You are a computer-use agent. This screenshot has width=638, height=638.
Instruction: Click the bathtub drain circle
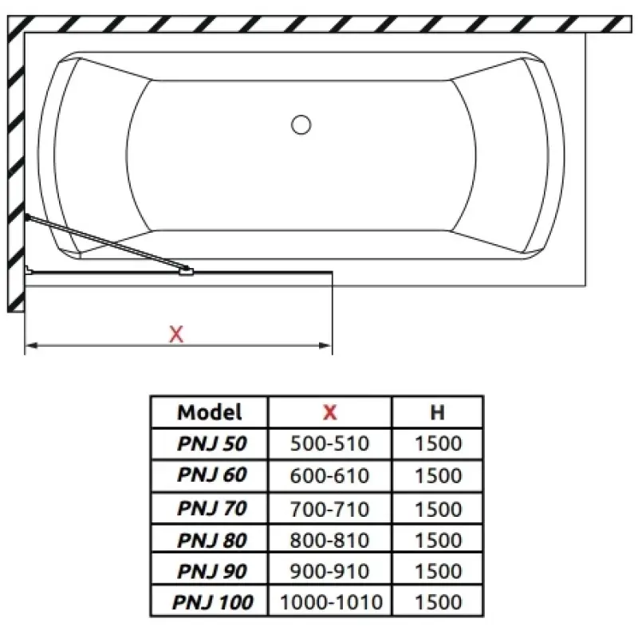(x=301, y=124)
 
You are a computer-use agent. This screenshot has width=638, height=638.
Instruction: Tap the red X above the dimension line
(x=176, y=334)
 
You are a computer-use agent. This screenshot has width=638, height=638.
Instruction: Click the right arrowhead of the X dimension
(x=325, y=345)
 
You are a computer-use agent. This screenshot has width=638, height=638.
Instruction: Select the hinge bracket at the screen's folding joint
(x=187, y=271)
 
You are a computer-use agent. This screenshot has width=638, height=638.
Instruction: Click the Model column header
(x=210, y=412)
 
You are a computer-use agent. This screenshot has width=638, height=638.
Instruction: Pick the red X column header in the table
(x=330, y=412)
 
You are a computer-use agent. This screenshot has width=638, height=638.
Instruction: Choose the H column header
(x=437, y=412)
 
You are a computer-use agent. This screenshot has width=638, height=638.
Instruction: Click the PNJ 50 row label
(x=212, y=443)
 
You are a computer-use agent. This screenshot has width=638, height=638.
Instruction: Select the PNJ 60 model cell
(x=212, y=475)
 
